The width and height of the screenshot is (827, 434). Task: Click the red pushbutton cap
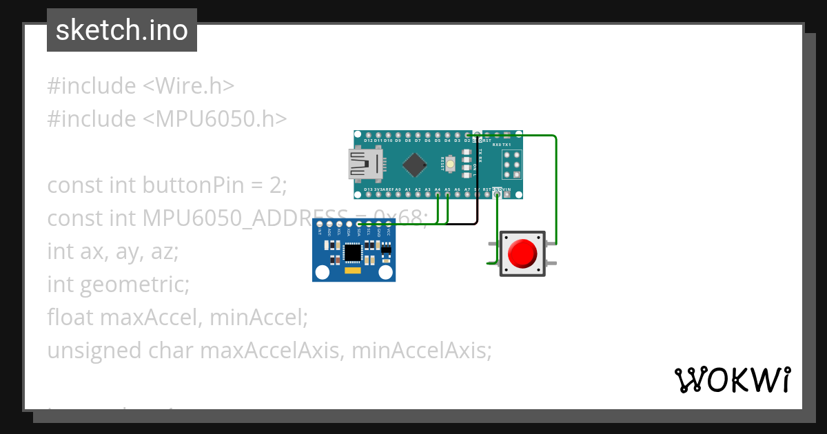click(x=522, y=254)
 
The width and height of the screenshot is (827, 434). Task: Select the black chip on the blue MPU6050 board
click(x=352, y=253)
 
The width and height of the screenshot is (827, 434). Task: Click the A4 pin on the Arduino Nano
click(x=438, y=195)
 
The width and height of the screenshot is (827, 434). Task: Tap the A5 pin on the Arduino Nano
click(x=448, y=195)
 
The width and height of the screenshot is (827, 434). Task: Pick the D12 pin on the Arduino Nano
click(x=368, y=134)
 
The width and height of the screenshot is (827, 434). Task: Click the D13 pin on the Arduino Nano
click(x=368, y=195)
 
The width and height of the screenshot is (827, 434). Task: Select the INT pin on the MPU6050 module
click(x=320, y=225)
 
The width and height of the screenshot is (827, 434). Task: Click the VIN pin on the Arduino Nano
click(x=507, y=195)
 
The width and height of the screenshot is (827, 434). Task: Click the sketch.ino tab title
click(x=122, y=30)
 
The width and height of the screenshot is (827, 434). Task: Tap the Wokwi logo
click(x=732, y=380)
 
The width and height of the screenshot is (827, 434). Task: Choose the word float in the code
click(x=71, y=318)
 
